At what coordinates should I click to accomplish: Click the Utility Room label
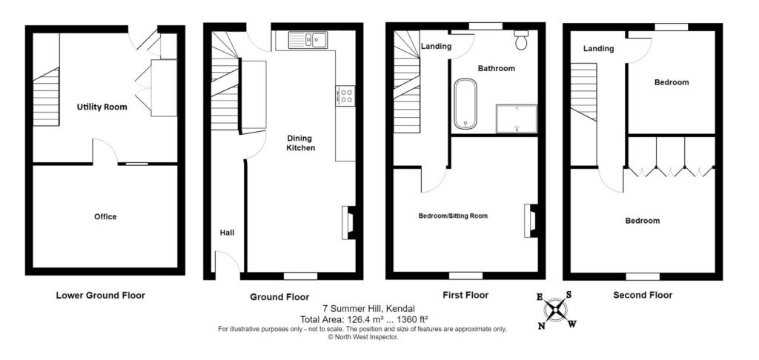tap(102, 107)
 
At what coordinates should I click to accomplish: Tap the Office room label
tap(105, 217)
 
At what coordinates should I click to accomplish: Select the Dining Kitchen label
tap(300, 143)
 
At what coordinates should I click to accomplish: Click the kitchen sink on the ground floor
tap(308, 40)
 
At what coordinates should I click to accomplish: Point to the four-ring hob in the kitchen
tap(345, 96)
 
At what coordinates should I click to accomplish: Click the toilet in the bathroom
tap(521, 40)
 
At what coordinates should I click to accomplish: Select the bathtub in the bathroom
tap(465, 104)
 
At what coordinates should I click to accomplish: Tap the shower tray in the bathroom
tap(517, 119)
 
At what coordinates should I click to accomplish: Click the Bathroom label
tap(496, 69)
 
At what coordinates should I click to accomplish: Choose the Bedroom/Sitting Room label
tap(453, 216)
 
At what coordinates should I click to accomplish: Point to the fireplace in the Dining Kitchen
tap(349, 222)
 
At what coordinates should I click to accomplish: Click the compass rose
tap(554, 310)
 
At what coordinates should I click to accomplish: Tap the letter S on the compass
tap(569, 294)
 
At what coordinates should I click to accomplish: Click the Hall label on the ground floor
tap(227, 233)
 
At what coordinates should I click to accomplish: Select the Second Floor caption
tap(643, 295)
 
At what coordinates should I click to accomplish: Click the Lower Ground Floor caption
tap(101, 295)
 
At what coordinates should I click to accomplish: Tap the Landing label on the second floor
tap(598, 49)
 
